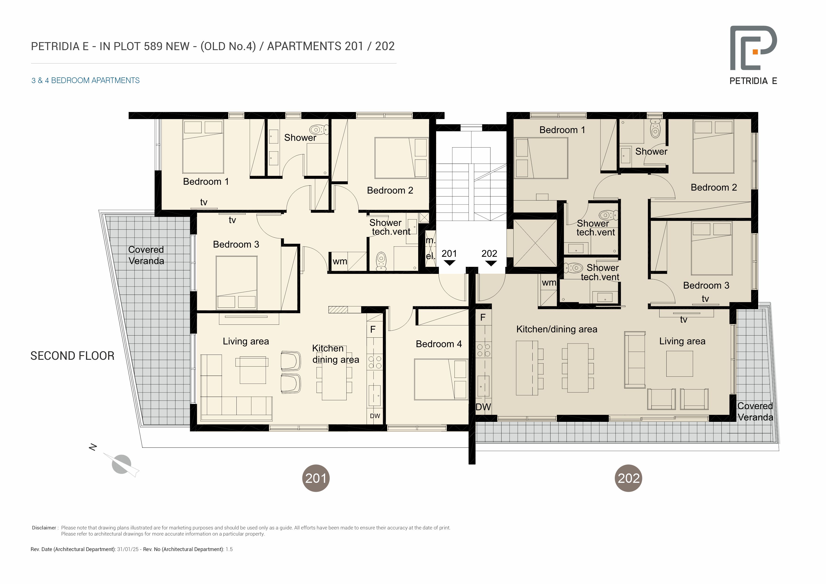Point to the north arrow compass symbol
pos(121,464)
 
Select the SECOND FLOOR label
pos(72,356)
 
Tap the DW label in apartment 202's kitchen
pos(483,407)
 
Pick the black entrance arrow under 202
pos(491,263)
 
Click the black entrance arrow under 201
pos(449,263)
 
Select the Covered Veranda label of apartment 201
pos(146,255)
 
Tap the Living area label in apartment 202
pos(682,341)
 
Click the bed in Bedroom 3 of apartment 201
pos(236,283)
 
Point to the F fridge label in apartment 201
pos(373,329)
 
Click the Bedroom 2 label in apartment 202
pos(714,187)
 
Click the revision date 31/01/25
pos(128,549)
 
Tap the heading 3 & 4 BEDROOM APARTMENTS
pos(86,80)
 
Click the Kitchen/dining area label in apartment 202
pos(557,329)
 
